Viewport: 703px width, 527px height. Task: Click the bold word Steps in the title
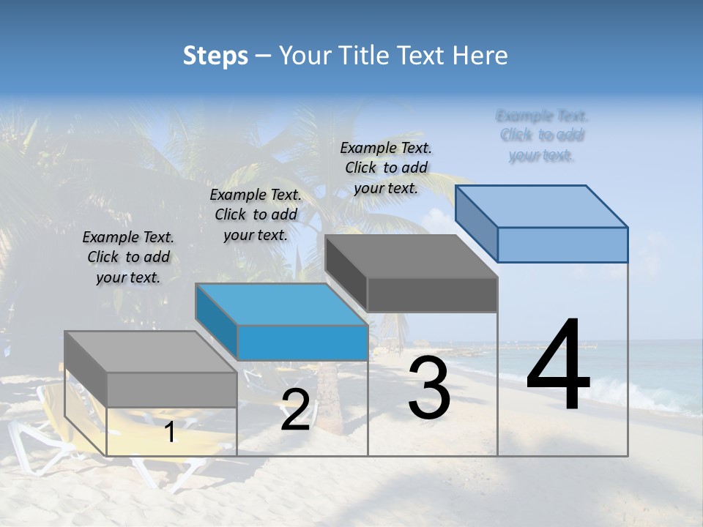click(215, 56)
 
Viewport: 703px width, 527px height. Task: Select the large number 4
click(558, 366)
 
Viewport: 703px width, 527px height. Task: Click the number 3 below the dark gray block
click(429, 389)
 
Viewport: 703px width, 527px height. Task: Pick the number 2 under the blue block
click(295, 411)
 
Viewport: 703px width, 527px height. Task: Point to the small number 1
click(169, 433)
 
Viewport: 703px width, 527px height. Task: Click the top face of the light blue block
click(542, 206)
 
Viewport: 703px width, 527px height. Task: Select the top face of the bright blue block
click(281, 304)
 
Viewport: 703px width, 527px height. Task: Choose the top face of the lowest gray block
click(151, 352)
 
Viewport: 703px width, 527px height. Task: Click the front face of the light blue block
click(562, 244)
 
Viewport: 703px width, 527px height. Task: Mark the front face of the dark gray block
click(432, 294)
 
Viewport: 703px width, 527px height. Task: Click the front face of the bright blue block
click(302, 343)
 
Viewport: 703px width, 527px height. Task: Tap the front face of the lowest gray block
click(172, 389)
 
